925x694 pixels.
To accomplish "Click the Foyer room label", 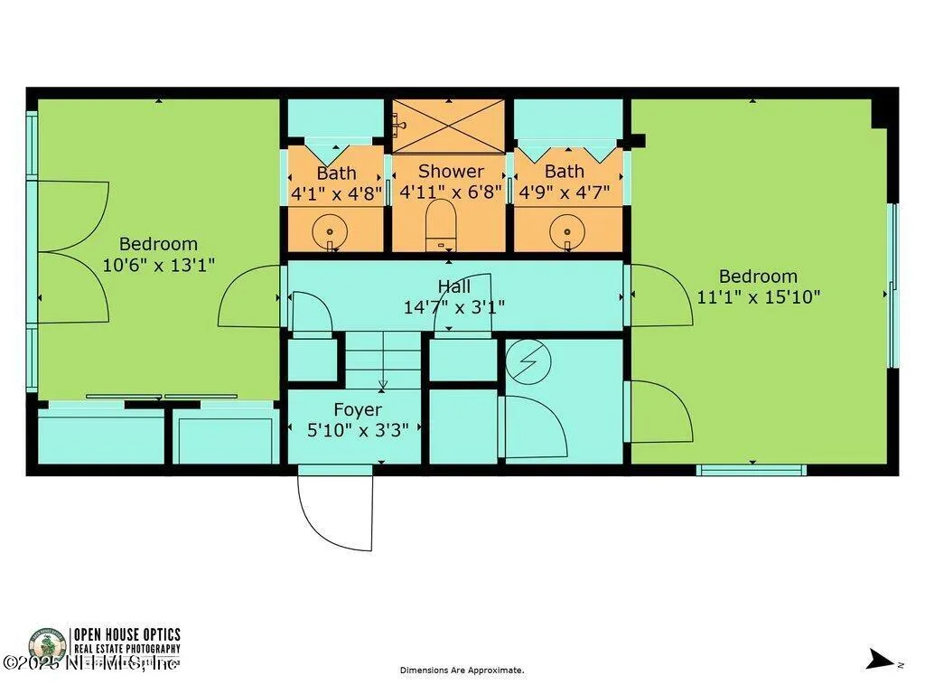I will (x=358, y=409).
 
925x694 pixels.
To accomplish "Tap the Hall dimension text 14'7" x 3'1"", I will (x=453, y=306).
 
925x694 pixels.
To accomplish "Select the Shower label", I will (x=451, y=171).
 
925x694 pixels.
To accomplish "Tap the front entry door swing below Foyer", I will (x=336, y=511).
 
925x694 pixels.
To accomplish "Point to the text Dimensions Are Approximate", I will (x=462, y=671).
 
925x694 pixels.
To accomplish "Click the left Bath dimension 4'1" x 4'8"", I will (x=337, y=192).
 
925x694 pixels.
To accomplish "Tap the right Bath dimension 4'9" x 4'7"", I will (x=565, y=192).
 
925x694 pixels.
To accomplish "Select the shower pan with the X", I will (x=447, y=126).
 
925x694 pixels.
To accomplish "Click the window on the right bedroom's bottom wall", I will (x=751, y=469).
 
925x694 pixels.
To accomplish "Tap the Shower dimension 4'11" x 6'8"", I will (x=451, y=192).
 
